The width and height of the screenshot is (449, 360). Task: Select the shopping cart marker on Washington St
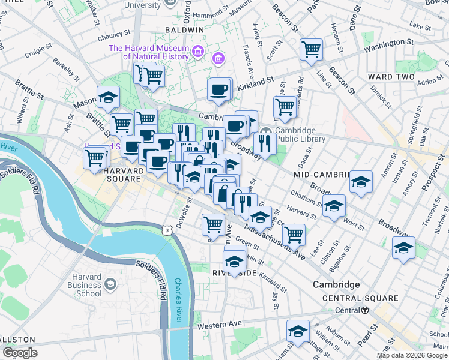[311, 49]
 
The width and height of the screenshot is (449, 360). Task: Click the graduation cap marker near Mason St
[108, 97]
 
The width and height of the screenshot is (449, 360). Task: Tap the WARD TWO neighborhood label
[389, 77]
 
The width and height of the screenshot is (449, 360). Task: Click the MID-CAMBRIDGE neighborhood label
[321, 174]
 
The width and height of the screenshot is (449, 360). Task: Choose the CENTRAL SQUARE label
[360, 298]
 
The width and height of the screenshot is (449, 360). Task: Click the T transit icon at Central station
[365, 310]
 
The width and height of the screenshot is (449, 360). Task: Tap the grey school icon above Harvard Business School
[110, 283]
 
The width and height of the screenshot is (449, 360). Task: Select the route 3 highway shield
[165, 230]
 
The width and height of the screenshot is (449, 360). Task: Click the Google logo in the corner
[19, 353]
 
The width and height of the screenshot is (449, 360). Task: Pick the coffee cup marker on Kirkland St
[220, 89]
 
